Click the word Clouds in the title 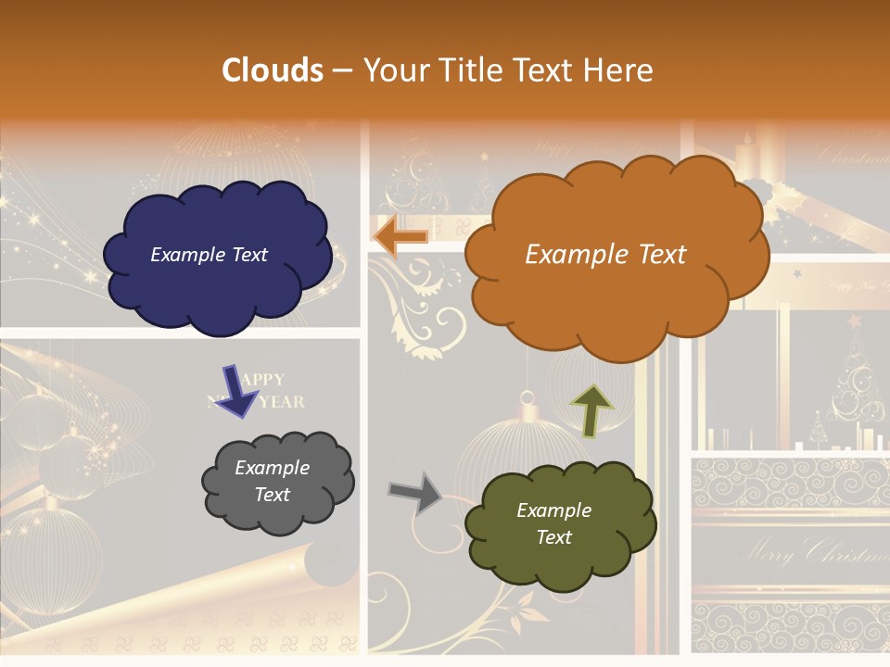273,70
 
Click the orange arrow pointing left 400,237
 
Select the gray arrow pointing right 415,494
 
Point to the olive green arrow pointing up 591,410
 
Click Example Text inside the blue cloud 209,255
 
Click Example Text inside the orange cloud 605,255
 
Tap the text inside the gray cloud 273,482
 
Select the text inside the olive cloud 553,523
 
